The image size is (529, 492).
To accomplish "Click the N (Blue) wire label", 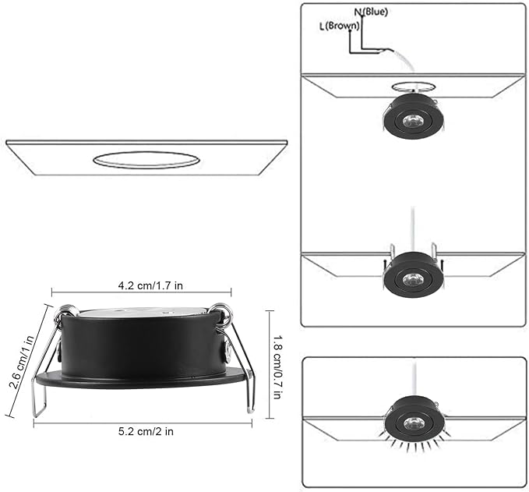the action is tap(371, 12).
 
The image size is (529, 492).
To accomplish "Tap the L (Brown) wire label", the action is tap(340, 26).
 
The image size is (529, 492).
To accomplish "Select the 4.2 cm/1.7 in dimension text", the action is tap(150, 285).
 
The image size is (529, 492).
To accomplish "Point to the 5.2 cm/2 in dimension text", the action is tap(146, 431).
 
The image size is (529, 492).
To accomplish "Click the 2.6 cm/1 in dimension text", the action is tap(22, 363).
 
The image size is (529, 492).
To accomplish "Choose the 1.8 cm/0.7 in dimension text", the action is tap(277, 367).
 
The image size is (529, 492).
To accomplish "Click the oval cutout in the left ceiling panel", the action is tap(146, 160).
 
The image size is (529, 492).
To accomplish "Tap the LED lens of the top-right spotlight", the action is tap(413, 121).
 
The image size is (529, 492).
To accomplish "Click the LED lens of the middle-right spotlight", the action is tap(413, 279).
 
